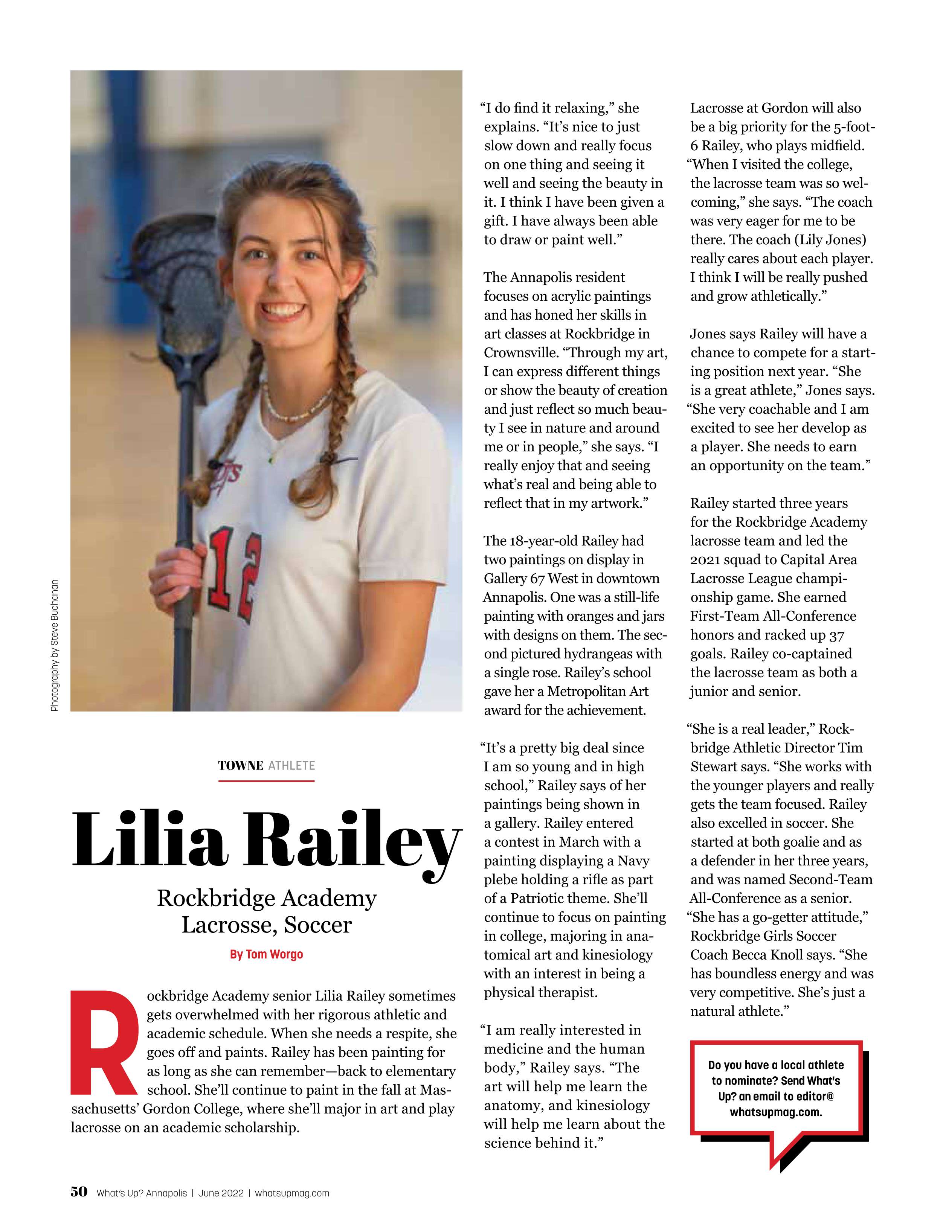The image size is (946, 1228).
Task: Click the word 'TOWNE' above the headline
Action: [240, 765]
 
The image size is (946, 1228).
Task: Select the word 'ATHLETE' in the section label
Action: [291, 765]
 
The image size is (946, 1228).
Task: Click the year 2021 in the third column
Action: [703, 559]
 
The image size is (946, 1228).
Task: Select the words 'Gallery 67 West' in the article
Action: [532, 579]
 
